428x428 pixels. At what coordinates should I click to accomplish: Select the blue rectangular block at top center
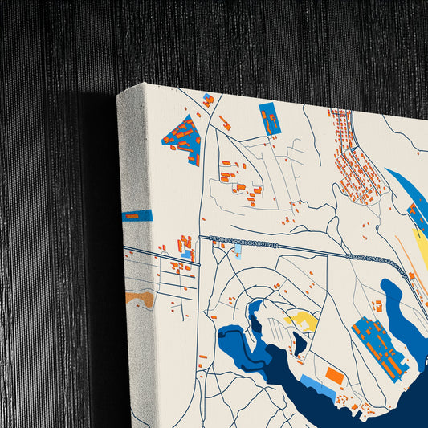tap(269, 119)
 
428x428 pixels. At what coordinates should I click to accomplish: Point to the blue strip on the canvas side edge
tap(137, 215)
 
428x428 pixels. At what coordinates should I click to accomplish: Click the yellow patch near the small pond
tap(303, 321)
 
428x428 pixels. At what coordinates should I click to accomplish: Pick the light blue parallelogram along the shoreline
tap(316, 386)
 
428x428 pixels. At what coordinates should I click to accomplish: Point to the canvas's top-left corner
tap(119, 94)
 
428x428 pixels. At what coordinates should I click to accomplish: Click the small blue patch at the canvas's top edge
tap(209, 100)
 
